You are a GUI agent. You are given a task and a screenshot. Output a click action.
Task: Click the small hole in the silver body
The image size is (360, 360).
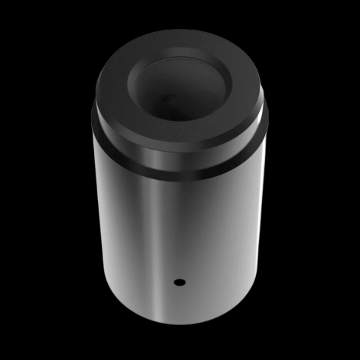(180, 282)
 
